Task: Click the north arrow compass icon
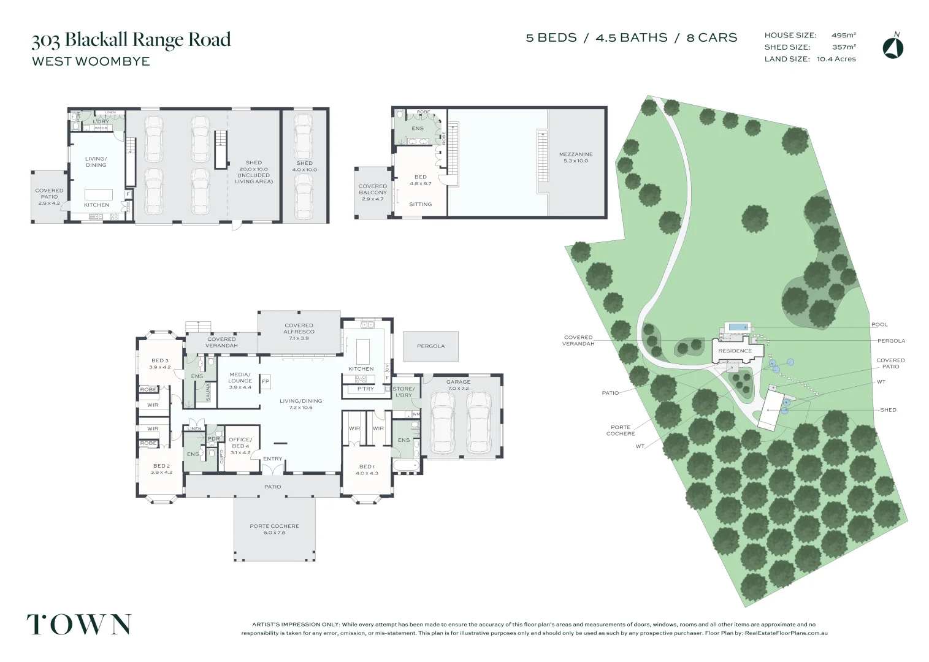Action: (893, 47)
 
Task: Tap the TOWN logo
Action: (78, 624)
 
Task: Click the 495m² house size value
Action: (843, 36)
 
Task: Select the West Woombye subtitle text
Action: (91, 61)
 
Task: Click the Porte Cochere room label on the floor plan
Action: (274, 529)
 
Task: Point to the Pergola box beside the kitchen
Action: (430, 346)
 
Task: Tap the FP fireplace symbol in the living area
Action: (266, 381)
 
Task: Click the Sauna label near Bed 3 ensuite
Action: (208, 391)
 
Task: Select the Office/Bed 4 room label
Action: (240, 443)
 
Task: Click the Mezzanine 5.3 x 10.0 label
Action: (576, 158)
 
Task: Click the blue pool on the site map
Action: (736, 327)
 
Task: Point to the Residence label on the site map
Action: (735, 351)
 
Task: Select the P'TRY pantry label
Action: (365, 389)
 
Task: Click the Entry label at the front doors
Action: (273, 459)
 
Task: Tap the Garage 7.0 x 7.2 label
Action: (458, 385)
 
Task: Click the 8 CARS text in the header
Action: (711, 38)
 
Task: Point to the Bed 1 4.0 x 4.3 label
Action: (367, 470)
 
